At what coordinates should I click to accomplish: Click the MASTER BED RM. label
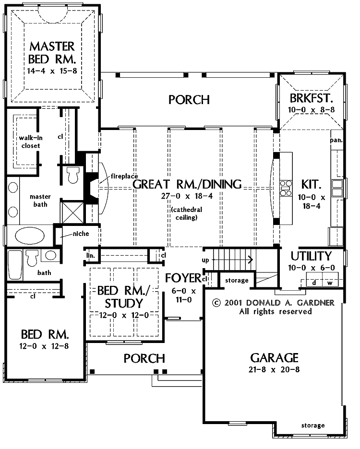point(52,53)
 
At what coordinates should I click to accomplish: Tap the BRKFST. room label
point(311,98)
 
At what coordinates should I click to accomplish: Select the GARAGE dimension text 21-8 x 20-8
point(274,369)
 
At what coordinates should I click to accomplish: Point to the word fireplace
point(124,176)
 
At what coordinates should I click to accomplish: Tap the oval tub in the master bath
point(30,236)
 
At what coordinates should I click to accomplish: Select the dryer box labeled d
point(314,283)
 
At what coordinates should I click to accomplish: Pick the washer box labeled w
point(330,283)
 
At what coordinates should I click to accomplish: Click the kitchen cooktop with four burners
point(286,188)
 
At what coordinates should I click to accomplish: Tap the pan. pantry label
point(336,140)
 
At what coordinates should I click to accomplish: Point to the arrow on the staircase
point(233,260)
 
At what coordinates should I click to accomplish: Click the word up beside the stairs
point(205,260)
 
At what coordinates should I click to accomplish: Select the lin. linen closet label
point(91,255)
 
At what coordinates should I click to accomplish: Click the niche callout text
point(81,234)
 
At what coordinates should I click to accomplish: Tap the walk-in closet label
point(31,142)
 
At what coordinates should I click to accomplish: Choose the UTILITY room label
point(311,256)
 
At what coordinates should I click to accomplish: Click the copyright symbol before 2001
point(216,303)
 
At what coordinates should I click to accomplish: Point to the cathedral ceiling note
point(187,213)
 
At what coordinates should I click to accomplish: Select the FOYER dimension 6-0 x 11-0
point(183,295)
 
